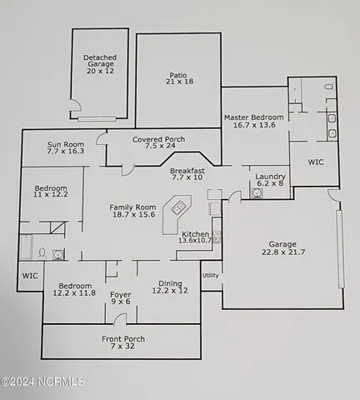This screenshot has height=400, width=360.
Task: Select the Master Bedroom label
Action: [x=254, y=122]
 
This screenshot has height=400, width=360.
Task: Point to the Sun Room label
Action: [x=66, y=148]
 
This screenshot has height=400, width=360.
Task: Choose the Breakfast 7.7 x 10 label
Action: [x=187, y=172]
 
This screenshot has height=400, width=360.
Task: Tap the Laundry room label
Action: [x=271, y=181]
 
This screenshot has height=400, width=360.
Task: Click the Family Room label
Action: [x=133, y=212]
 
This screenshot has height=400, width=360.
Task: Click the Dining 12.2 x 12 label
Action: [x=170, y=287]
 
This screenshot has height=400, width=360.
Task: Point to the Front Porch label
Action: [x=123, y=343]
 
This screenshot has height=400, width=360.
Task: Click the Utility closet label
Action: [x=210, y=274]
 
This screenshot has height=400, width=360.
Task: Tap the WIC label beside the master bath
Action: [x=316, y=162]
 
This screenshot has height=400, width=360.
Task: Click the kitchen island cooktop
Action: [x=177, y=206]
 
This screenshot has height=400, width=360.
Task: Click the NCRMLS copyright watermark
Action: [x=43, y=382]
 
